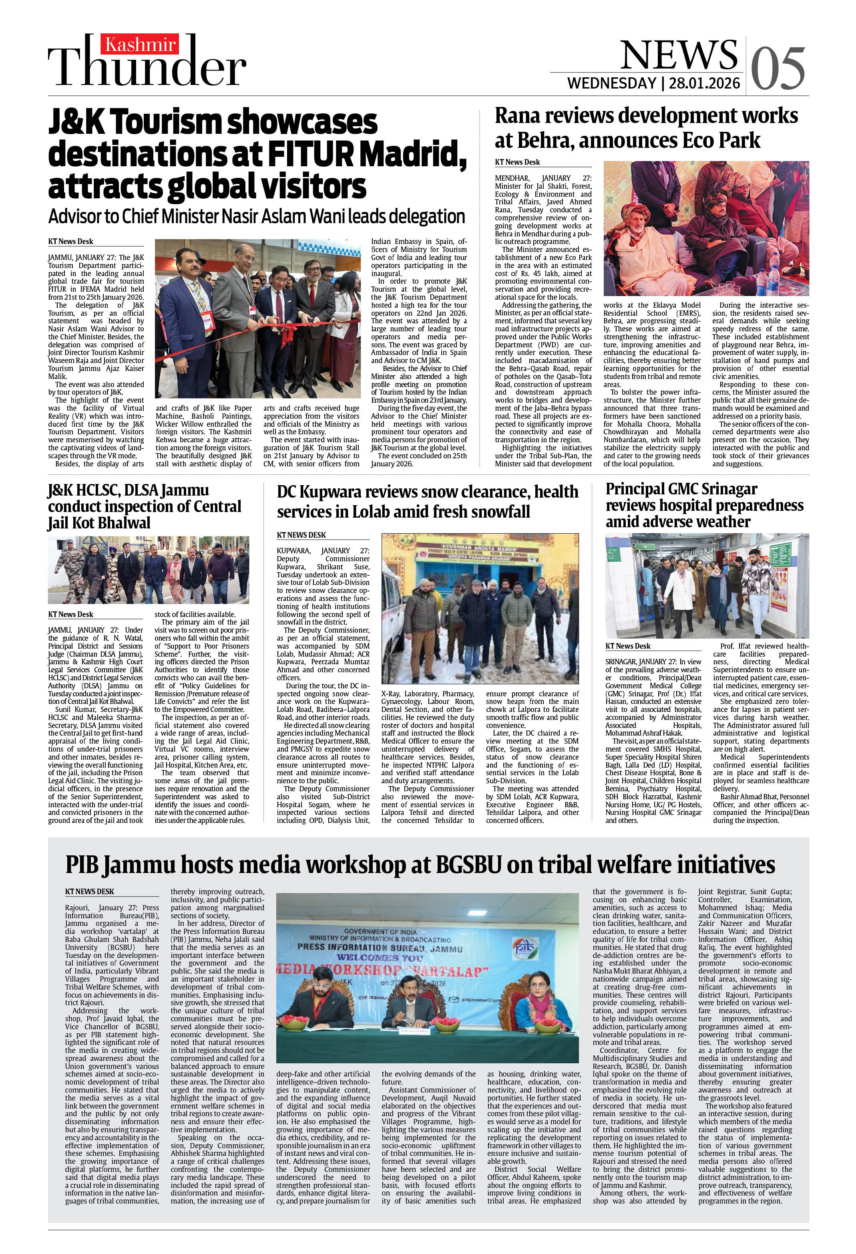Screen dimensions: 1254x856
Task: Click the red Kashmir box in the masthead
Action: tap(143, 46)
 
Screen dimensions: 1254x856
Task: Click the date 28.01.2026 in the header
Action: tap(704, 84)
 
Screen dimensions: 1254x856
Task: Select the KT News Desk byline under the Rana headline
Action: tap(517, 162)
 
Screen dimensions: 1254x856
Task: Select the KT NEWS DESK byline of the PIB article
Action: tap(90, 891)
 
